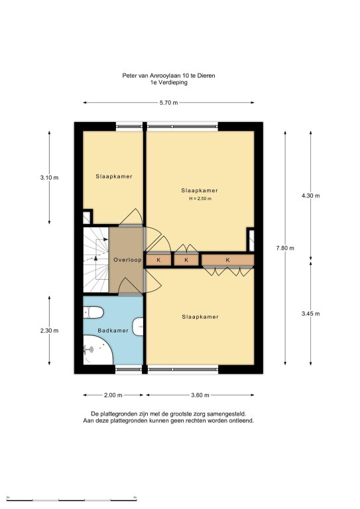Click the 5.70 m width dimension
click(x=168, y=103)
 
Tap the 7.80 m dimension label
click(x=285, y=248)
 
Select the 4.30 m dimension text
click(x=311, y=196)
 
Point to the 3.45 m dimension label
click(x=311, y=313)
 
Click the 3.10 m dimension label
click(x=49, y=178)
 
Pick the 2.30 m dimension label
click(x=49, y=331)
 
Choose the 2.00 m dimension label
click(x=113, y=395)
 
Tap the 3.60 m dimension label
click(x=200, y=395)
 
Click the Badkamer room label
click(x=113, y=331)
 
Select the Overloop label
click(x=127, y=260)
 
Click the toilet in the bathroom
click(x=93, y=313)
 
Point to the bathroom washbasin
click(x=139, y=327)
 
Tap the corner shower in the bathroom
click(x=97, y=350)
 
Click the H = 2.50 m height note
click(x=200, y=199)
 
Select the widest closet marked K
click(x=227, y=260)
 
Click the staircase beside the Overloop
click(x=95, y=260)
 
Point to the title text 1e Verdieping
click(x=168, y=82)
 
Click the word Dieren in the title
click(x=207, y=76)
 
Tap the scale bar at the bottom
click(x=72, y=498)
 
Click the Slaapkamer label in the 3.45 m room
click(x=200, y=317)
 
